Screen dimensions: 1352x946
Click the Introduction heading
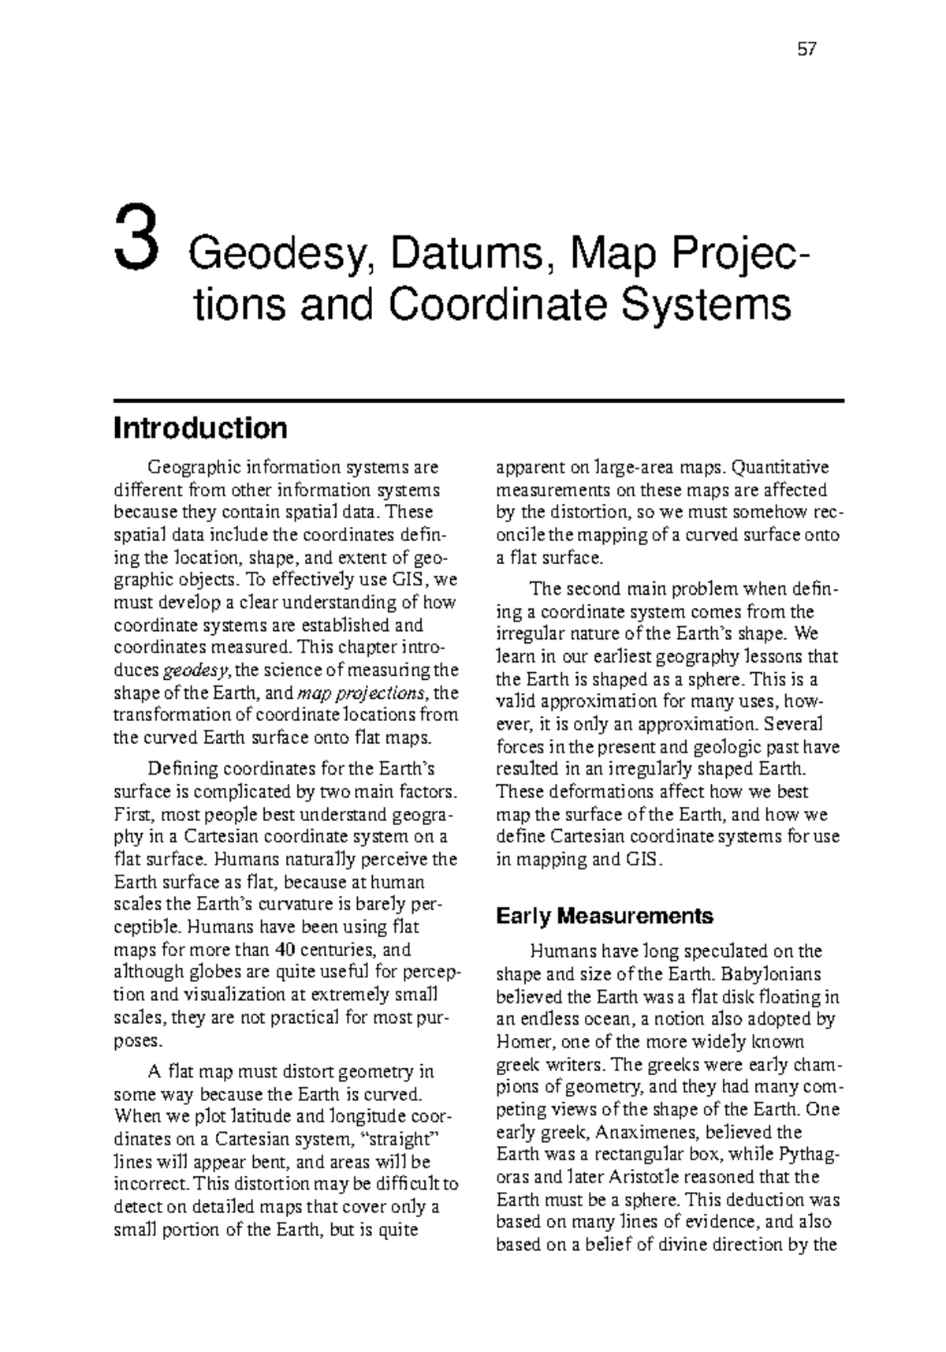(200, 428)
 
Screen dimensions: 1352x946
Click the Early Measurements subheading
(604, 916)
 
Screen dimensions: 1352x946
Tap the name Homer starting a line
(520, 1042)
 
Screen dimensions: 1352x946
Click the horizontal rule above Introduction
(479, 401)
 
